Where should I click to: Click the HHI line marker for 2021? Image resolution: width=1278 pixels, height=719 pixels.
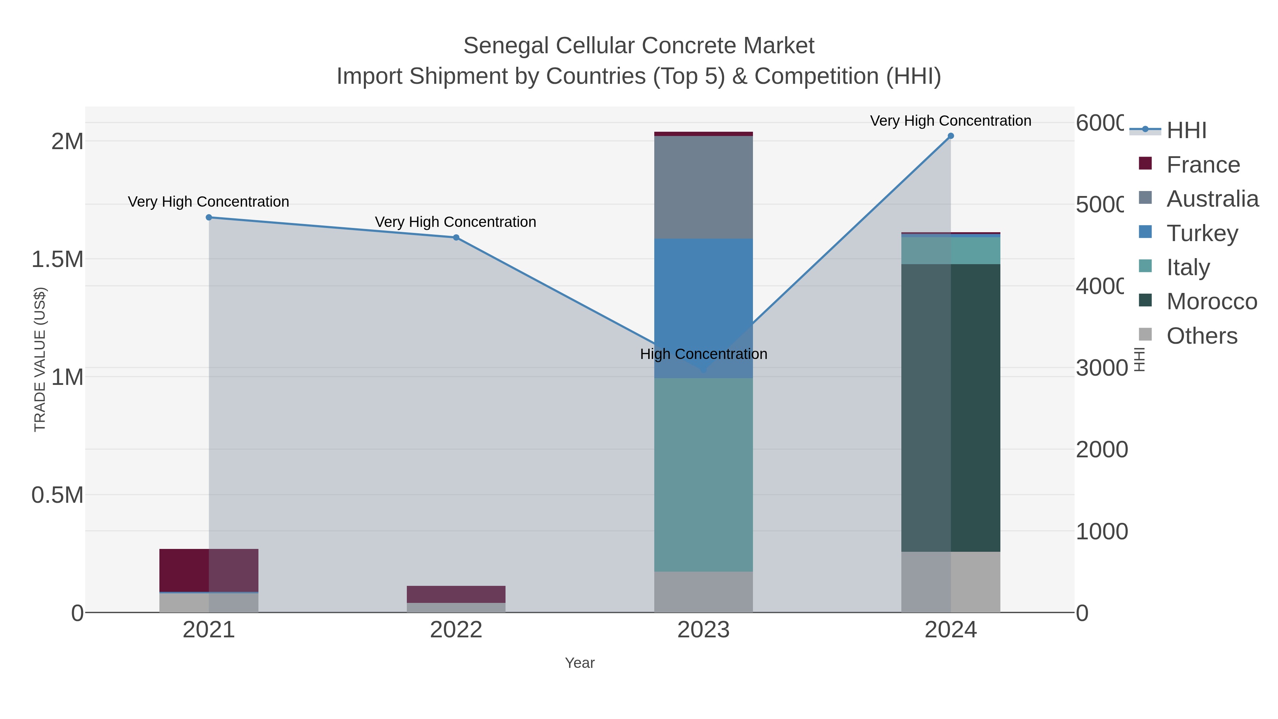click(209, 217)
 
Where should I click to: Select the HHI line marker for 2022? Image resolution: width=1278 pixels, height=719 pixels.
click(456, 237)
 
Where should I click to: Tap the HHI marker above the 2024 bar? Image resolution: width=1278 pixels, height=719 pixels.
click(951, 136)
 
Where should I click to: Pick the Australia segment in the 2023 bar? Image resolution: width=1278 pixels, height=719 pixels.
click(704, 187)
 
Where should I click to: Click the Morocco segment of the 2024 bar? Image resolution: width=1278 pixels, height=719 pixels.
click(951, 407)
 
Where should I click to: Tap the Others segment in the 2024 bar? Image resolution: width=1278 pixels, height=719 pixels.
click(951, 582)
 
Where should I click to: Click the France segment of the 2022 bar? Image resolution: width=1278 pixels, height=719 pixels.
click(456, 594)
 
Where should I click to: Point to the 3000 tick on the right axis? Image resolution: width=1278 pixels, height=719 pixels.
click(1101, 368)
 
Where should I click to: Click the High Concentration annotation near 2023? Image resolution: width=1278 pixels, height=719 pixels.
click(704, 354)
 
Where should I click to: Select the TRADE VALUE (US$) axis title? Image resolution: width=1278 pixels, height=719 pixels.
click(40, 359)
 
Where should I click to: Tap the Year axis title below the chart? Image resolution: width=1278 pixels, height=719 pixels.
click(579, 663)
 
